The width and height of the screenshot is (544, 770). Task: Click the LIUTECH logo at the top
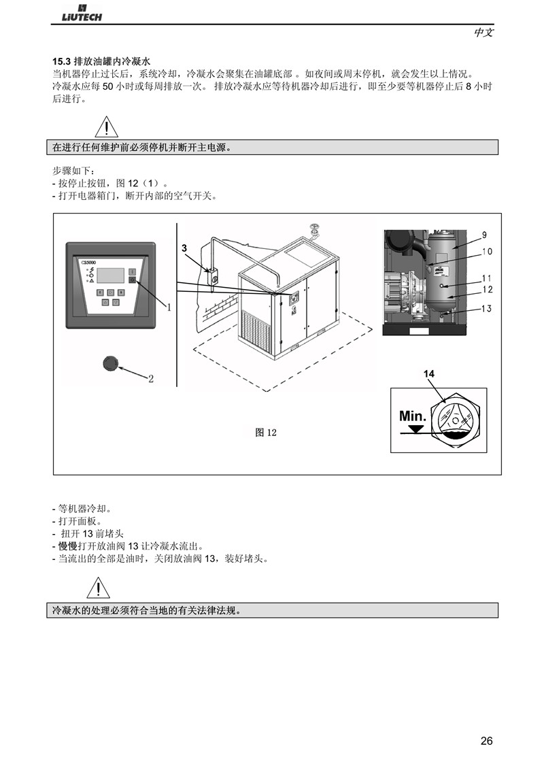[82, 13]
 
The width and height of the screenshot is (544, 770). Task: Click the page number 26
[486, 741]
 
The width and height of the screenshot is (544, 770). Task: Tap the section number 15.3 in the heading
[61, 62]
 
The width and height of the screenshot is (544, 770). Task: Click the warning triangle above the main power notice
[107, 127]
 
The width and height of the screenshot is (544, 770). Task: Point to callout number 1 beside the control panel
[169, 307]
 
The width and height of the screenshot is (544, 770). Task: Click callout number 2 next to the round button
[151, 379]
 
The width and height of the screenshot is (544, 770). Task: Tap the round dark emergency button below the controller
[110, 363]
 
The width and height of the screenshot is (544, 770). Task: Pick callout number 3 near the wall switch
[184, 248]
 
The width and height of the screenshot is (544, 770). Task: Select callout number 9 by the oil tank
[485, 235]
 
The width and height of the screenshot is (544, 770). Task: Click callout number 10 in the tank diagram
[487, 252]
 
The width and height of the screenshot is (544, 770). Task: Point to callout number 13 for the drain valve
[486, 308]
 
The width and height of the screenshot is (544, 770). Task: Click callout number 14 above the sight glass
[428, 373]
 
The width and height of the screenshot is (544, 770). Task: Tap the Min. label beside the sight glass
[412, 416]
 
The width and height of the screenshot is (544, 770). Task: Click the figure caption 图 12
[266, 432]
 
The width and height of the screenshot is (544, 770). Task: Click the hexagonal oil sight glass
[455, 420]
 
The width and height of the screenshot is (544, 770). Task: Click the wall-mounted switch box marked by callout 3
[213, 276]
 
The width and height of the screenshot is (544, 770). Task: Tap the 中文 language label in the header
[483, 33]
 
